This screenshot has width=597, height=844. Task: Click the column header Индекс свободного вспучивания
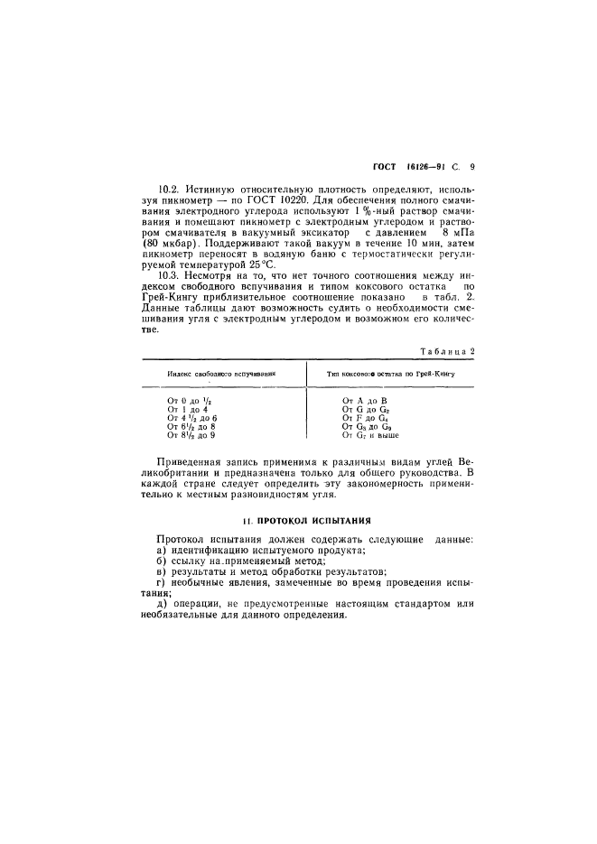tap(220, 371)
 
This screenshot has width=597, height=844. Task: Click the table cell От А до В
tap(365, 399)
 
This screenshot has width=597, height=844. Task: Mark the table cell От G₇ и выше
tap(372, 435)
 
